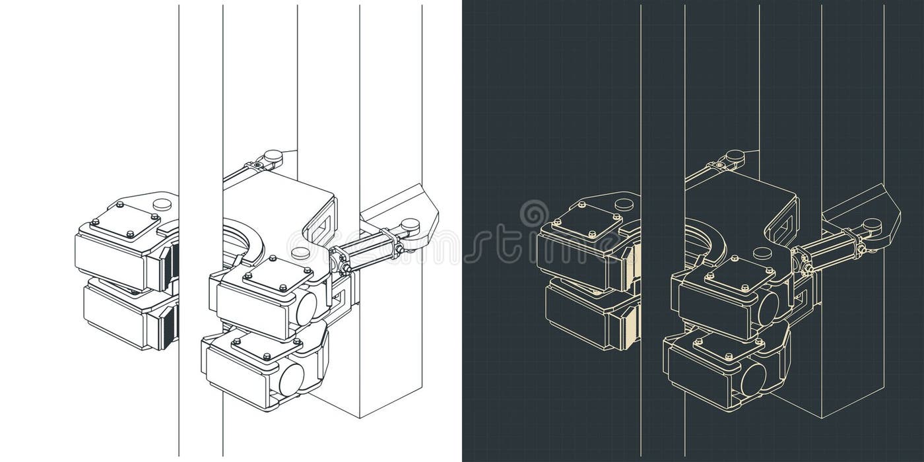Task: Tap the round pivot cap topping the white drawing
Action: point(272,156)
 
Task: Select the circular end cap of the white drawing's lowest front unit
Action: point(291,379)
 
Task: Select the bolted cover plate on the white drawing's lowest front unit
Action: point(267,348)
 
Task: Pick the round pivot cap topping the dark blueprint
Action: point(734,156)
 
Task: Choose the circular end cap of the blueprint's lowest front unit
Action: point(753,379)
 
